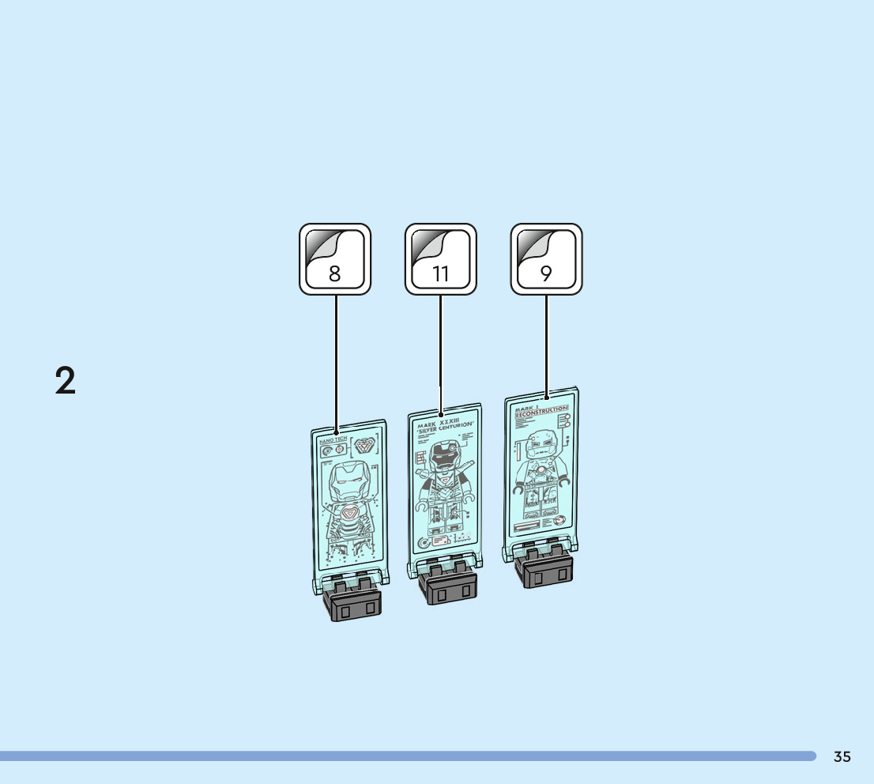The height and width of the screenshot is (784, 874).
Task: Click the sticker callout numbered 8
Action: tap(334, 258)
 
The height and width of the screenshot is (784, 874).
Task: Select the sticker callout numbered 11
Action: tap(440, 258)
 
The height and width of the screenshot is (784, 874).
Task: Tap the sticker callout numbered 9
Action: tap(546, 258)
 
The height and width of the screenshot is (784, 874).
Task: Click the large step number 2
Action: tap(66, 381)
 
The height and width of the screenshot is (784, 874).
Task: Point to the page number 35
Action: tap(842, 757)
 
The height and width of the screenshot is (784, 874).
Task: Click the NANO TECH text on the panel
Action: tap(333, 439)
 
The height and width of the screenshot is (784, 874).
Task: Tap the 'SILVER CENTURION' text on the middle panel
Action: tap(444, 428)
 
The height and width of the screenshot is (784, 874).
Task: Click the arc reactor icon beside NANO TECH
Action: tap(364, 446)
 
